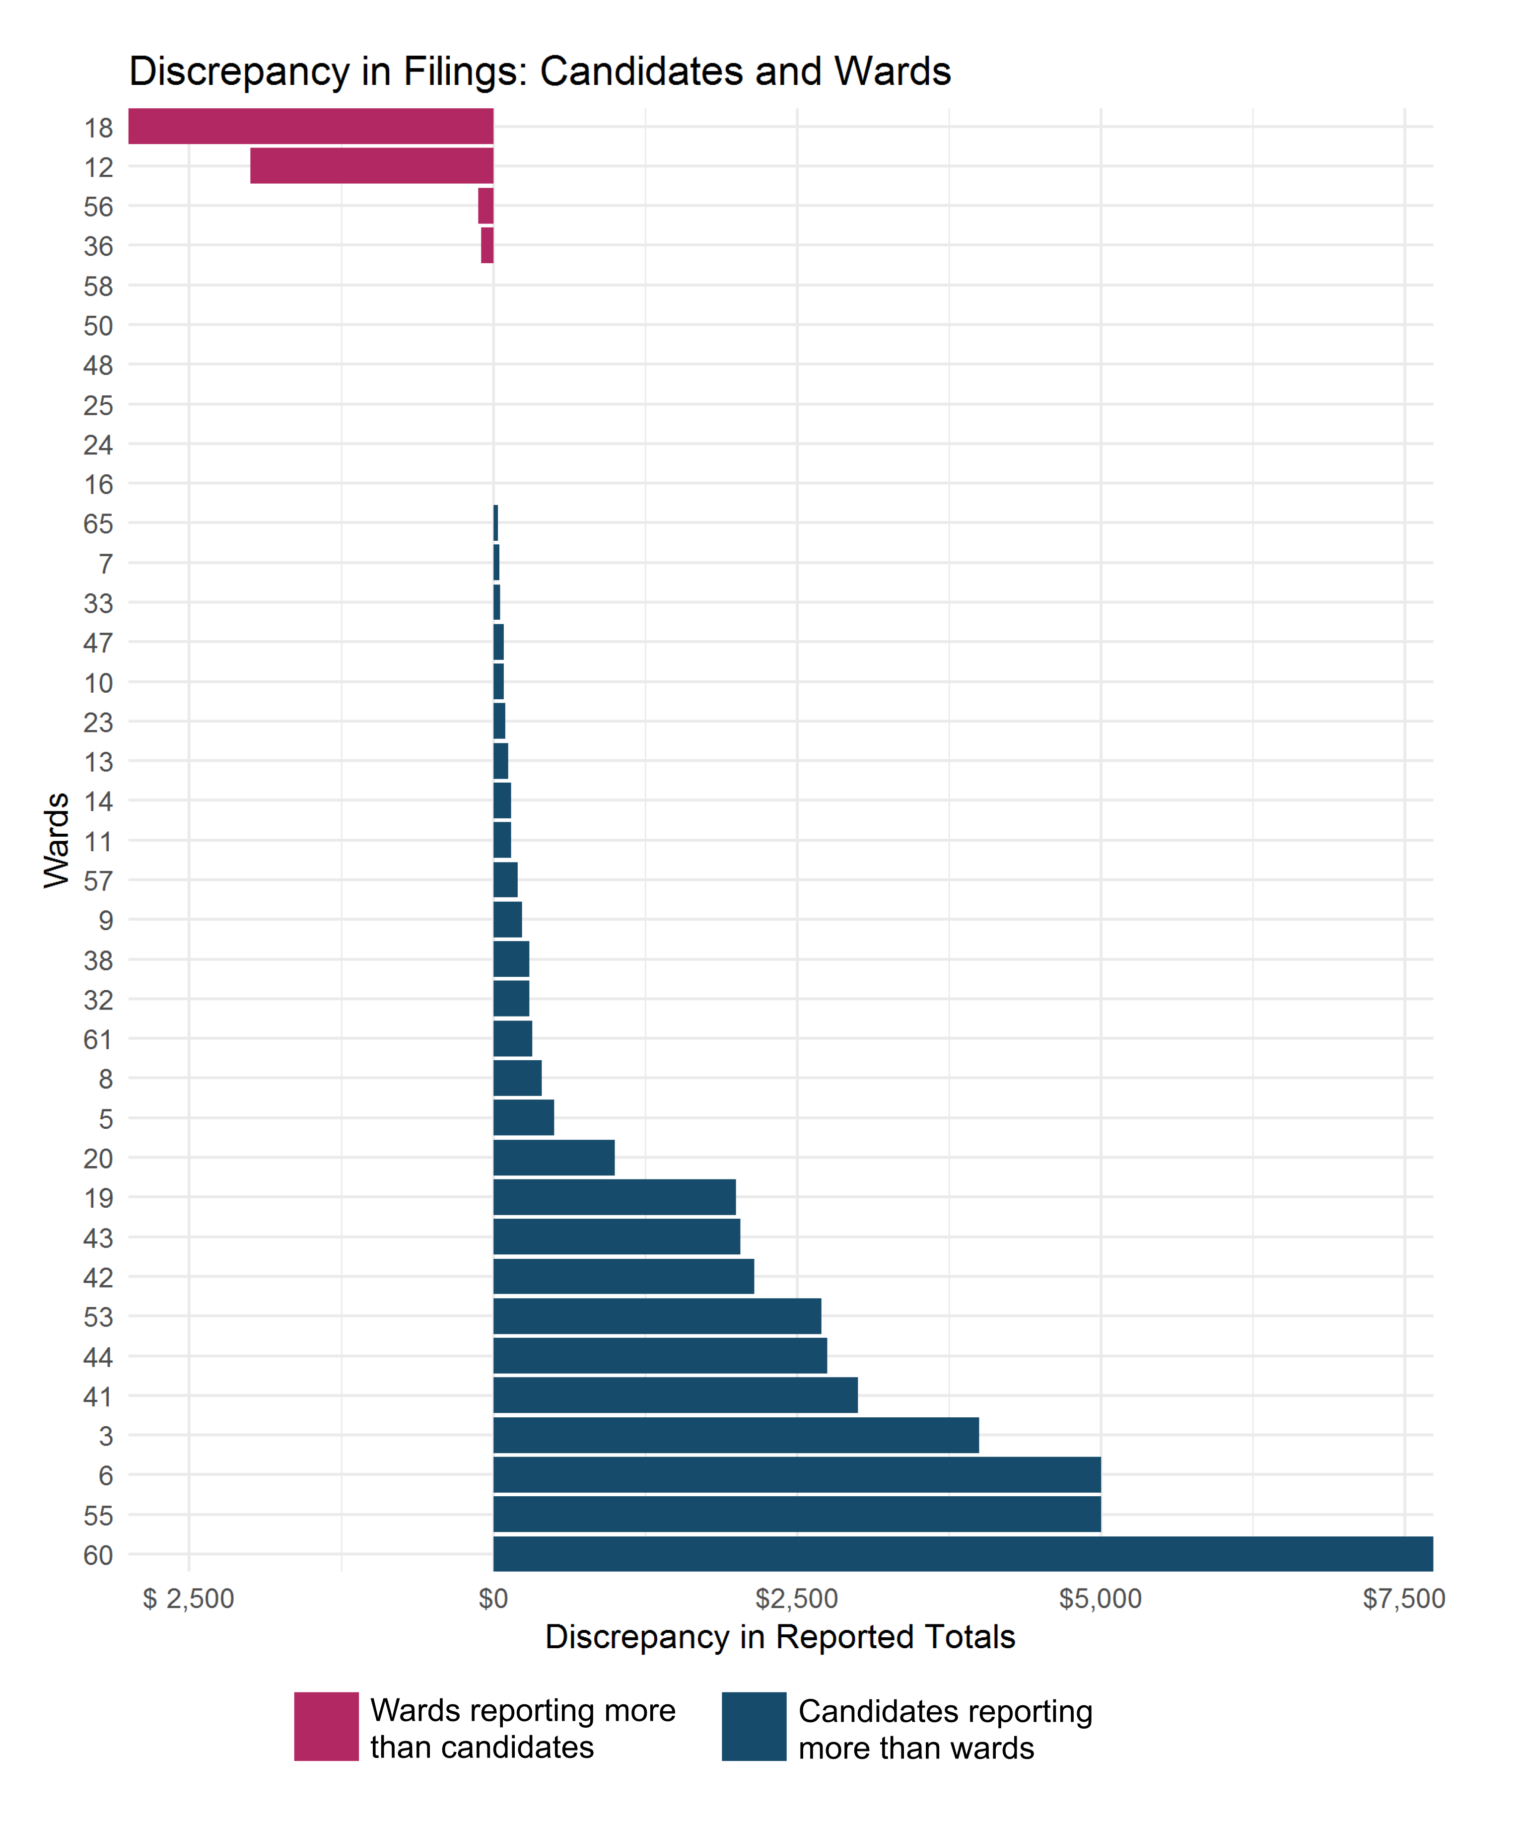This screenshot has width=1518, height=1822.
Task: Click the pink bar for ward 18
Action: pyautogui.click(x=311, y=127)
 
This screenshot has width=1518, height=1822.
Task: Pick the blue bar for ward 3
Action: pyautogui.click(x=736, y=1435)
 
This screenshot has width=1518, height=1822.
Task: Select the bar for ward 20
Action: pyautogui.click(x=553, y=1158)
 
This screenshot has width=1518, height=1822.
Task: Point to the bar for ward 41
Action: pyautogui.click(x=675, y=1395)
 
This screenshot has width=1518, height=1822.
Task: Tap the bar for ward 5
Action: pyautogui.click(x=523, y=1117)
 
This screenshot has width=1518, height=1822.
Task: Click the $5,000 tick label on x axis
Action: pyautogui.click(x=1100, y=1599)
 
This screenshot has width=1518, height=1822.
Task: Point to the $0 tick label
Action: pyautogui.click(x=493, y=1599)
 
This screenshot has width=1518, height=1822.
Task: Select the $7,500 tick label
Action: pyautogui.click(x=1403, y=1599)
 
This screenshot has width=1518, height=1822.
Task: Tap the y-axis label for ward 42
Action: pyautogui.click(x=98, y=1277)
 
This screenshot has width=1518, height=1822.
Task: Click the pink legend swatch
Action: pyautogui.click(x=326, y=1727)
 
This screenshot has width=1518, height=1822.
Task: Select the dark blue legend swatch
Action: pyautogui.click(x=754, y=1727)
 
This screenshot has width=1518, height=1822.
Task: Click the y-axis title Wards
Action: pyautogui.click(x=57, y=840)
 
